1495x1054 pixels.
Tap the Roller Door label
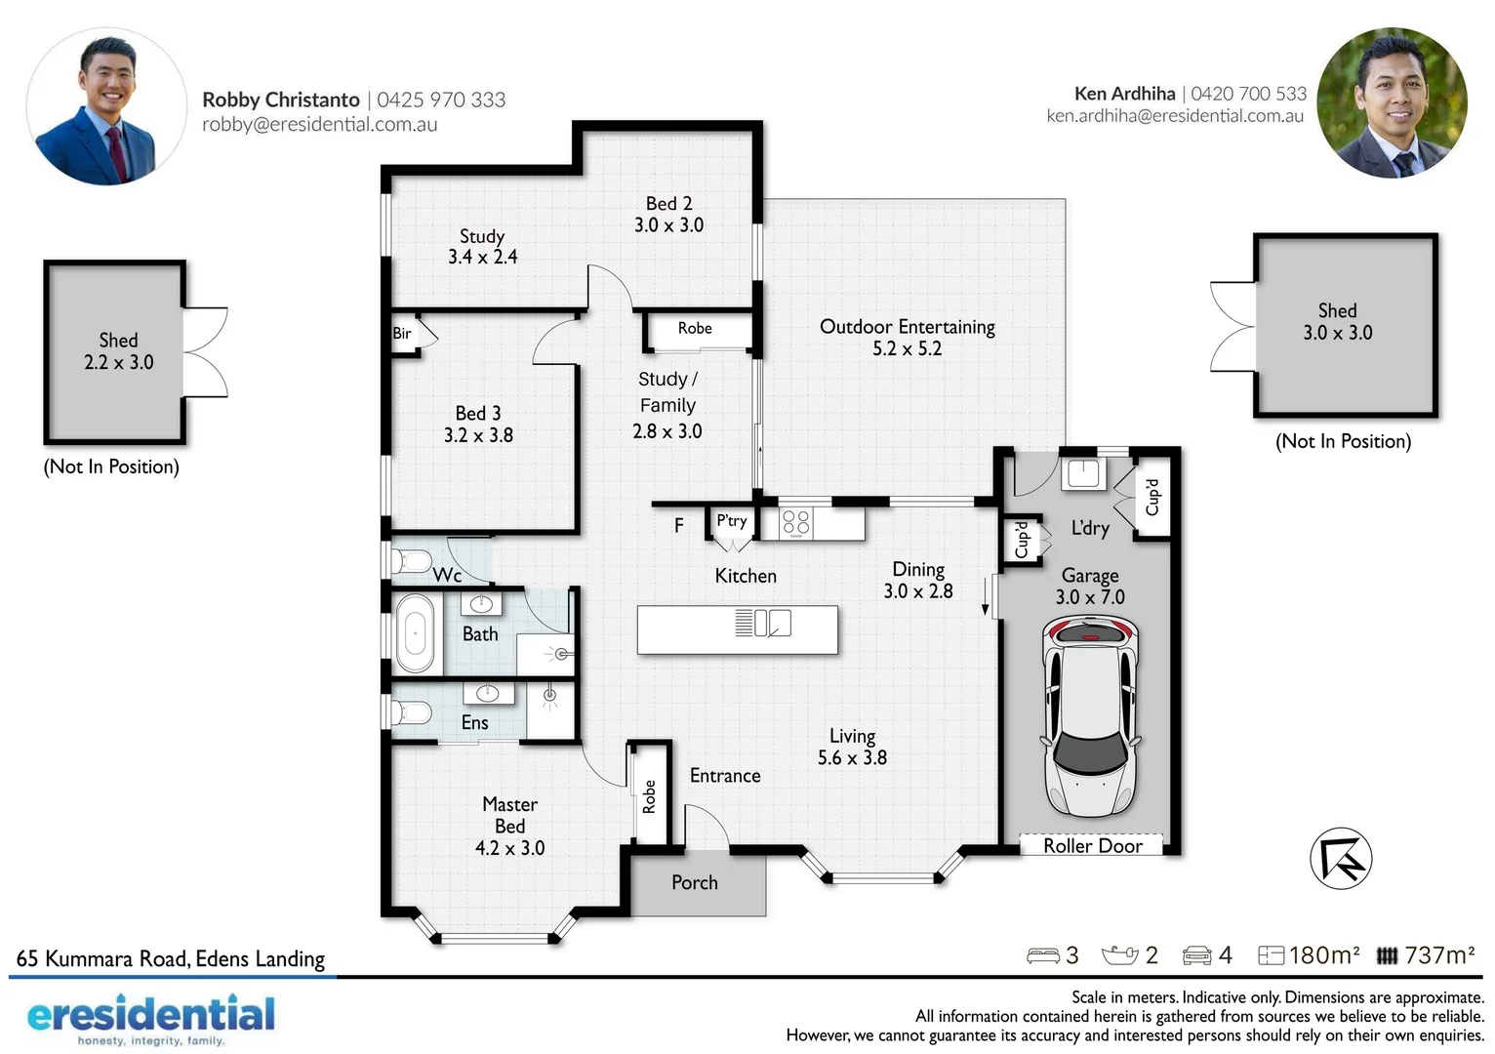point(1092,846)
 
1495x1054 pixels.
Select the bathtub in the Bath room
point(415,633)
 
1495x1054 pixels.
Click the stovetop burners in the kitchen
point(796,522)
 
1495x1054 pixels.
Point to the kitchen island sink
point(772,623)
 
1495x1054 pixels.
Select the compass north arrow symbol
point(1341,858)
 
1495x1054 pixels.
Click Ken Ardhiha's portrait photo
point(1393,103)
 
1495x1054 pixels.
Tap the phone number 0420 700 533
point(1248,94)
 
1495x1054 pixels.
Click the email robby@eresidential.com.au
point(319,125)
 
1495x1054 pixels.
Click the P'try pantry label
point(731,521)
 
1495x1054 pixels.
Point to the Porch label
point(694,882)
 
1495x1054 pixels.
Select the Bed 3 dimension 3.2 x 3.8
point(478,435)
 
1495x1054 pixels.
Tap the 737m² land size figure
point(1438,954)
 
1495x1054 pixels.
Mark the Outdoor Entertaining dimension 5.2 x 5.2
point(907,348)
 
